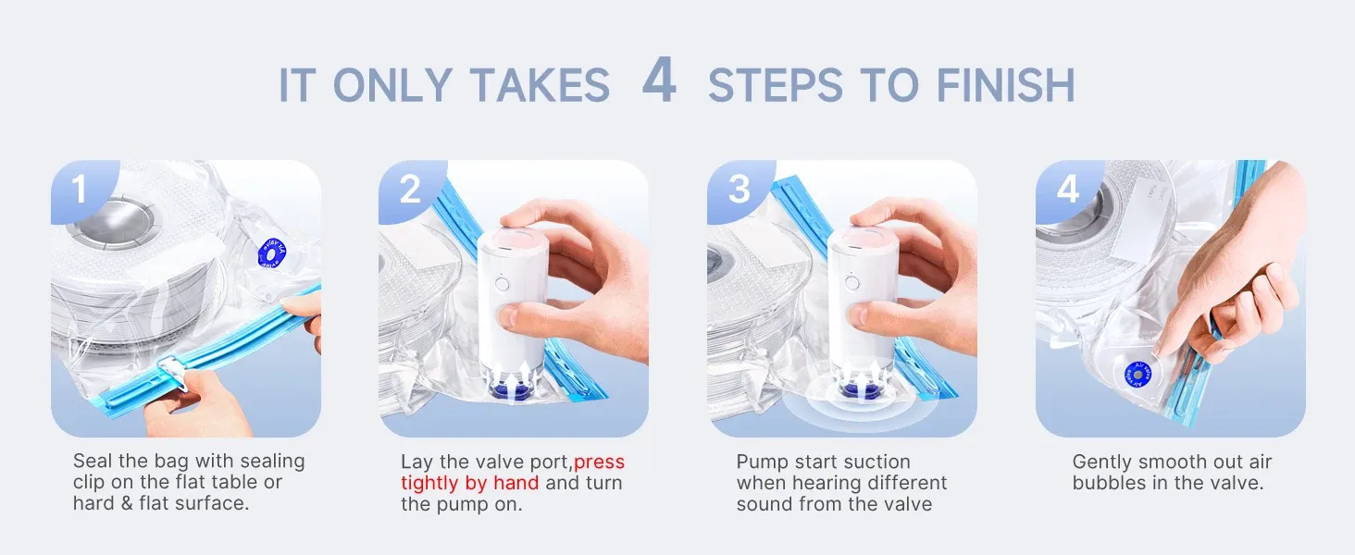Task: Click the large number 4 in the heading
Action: tap(659, 80)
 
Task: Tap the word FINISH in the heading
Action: tap(1005, 85)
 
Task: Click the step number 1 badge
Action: tap(79, 189)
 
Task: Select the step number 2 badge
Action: tap(410, 190)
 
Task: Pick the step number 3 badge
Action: tap(740, 190)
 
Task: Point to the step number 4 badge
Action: tap(1068, 190)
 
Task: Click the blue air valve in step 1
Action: tap(272, 253)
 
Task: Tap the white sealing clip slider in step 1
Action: tap(174, 374)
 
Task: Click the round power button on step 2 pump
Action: tap(501, 283)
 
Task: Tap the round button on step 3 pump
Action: tap(852, 282)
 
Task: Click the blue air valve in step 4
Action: tap(1137, 376)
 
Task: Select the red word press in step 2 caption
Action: tap(599, 462)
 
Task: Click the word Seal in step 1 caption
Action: tap(93, 461)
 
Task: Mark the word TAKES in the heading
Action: tap(540, 85)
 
